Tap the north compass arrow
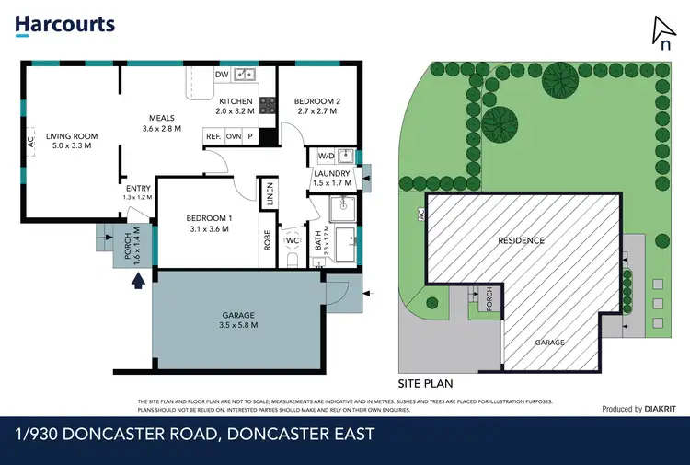pyautogui.click(x=661, y=30)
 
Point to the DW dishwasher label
pyautogui.click(x=221, y=76)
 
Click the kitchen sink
pyautogui.click(x=245, y=75)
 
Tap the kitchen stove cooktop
pyautogui.click(x=269, y=105)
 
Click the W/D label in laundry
pyautogui.click(x=326, y=155)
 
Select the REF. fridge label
pyautogui.click(x=213, y=135)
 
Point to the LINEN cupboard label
pyautogui.click(x=270, y=195)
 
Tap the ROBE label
pyautogui.click(x=268, y=239)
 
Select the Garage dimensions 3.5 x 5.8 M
pyautogui.click(x=239, y=324)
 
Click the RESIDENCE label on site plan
pyautogui.click(x=521, y=240)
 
